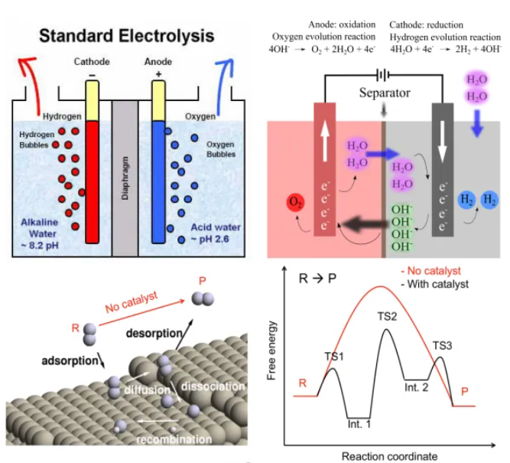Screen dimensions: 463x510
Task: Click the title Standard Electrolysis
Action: tap(126, 35)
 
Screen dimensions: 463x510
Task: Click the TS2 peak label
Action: tap(388, 316)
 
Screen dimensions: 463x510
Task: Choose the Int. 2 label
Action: tap(417, 388)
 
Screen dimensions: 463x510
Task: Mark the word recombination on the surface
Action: tap(174, 439)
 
